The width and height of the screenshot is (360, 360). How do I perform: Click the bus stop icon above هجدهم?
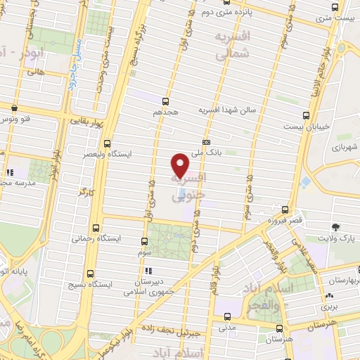pos(166,101)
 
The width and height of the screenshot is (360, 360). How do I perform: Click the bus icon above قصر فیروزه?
pos(285,210)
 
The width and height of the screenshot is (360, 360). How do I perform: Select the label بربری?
pos(330,307)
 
